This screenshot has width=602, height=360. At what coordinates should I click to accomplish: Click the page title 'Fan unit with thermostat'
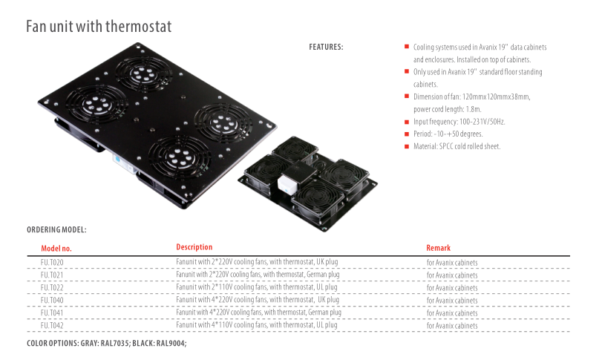99,27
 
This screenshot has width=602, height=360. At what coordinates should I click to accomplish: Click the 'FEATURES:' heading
326,48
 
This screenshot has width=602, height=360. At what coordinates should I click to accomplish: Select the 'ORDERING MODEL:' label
56,230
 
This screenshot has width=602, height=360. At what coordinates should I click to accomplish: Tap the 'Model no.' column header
56,249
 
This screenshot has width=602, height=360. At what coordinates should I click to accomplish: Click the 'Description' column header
194,247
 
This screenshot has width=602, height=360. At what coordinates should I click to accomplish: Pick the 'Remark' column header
438,248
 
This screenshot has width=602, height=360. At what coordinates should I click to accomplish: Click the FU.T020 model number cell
52,263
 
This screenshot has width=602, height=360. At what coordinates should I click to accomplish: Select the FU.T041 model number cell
52,313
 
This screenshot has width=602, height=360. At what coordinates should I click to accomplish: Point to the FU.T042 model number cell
52,325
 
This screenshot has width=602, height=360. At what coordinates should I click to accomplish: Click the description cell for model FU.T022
257,287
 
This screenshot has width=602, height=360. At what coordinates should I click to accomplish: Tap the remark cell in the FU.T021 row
451,275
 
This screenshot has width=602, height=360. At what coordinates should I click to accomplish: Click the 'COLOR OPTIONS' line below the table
106,344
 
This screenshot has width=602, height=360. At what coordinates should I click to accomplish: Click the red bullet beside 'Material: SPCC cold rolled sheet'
406,146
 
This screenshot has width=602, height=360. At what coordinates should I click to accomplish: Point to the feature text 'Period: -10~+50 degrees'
448,134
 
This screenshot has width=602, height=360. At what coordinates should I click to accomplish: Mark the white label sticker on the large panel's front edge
117,158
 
